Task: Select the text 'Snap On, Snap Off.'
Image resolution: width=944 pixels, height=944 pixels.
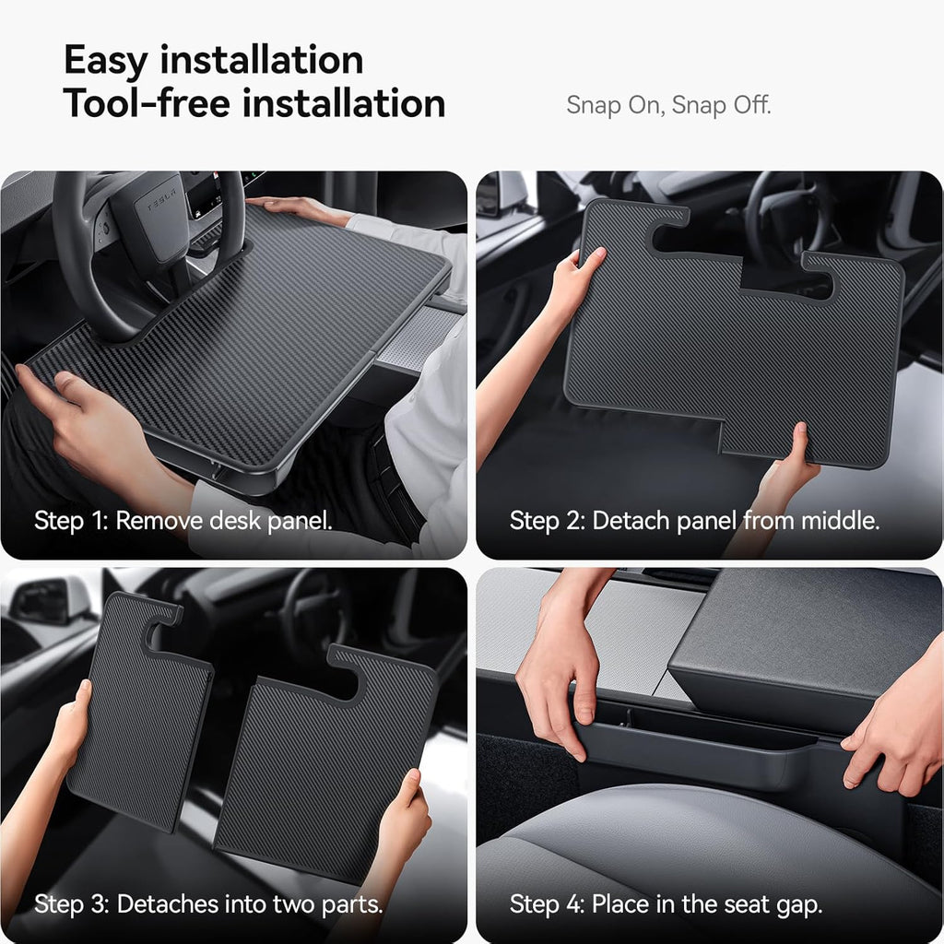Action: point(668,105)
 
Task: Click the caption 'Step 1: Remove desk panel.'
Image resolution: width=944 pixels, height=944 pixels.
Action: point(183,521)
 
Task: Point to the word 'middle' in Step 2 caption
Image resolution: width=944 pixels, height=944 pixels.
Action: point(839,521)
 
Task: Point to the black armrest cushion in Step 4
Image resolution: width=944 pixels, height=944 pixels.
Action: point(802,645)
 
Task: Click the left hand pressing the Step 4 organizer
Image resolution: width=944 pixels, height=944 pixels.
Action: point(558,682)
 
